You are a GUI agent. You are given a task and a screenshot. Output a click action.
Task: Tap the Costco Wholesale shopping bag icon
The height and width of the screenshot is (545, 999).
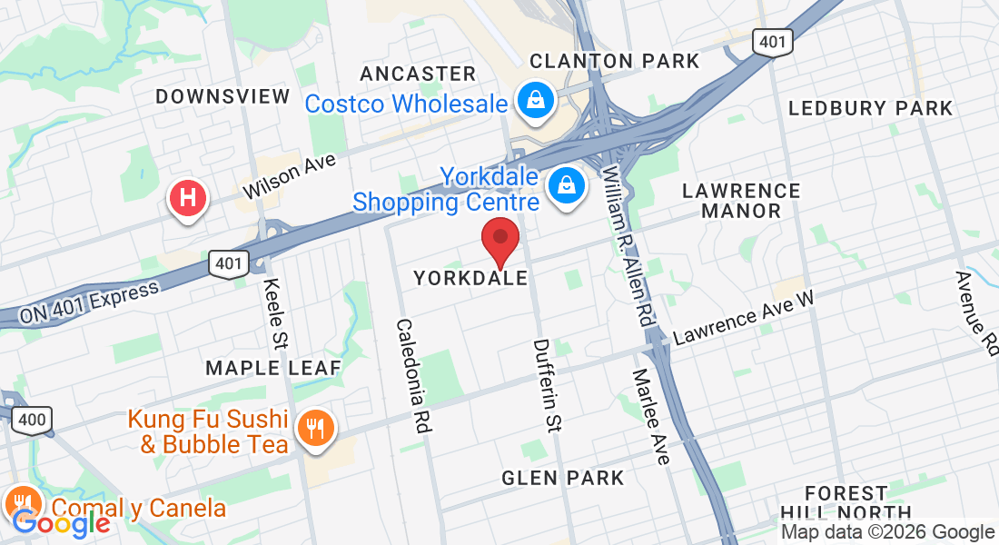pyautogui.click(x=537, y=99)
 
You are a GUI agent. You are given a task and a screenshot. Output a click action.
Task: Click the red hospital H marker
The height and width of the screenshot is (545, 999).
pyautogui.click(x=189, y=197)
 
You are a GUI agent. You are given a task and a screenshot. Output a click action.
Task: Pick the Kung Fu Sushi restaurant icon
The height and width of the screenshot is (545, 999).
pyautogui.click(x=315, y=427)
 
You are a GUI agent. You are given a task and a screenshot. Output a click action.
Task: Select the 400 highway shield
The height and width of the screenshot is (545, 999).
pyautogui.click(x=32, y=420)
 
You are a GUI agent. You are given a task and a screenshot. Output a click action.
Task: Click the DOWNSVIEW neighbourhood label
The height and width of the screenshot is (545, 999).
pyautogui.click(x=223, y=96)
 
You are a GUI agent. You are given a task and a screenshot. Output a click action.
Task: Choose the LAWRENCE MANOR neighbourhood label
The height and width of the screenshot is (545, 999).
pyautogui.click(x=741, y=201)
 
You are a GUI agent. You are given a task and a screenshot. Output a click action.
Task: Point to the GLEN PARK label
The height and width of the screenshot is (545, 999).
pyautogui.click(x=563, y=478)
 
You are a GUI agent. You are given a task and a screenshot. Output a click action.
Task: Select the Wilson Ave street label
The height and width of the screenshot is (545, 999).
pyautogui.click(x=290, y=175)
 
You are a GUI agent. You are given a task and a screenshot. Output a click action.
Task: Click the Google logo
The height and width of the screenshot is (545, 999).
pyautogui.click(x=61, y=522)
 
